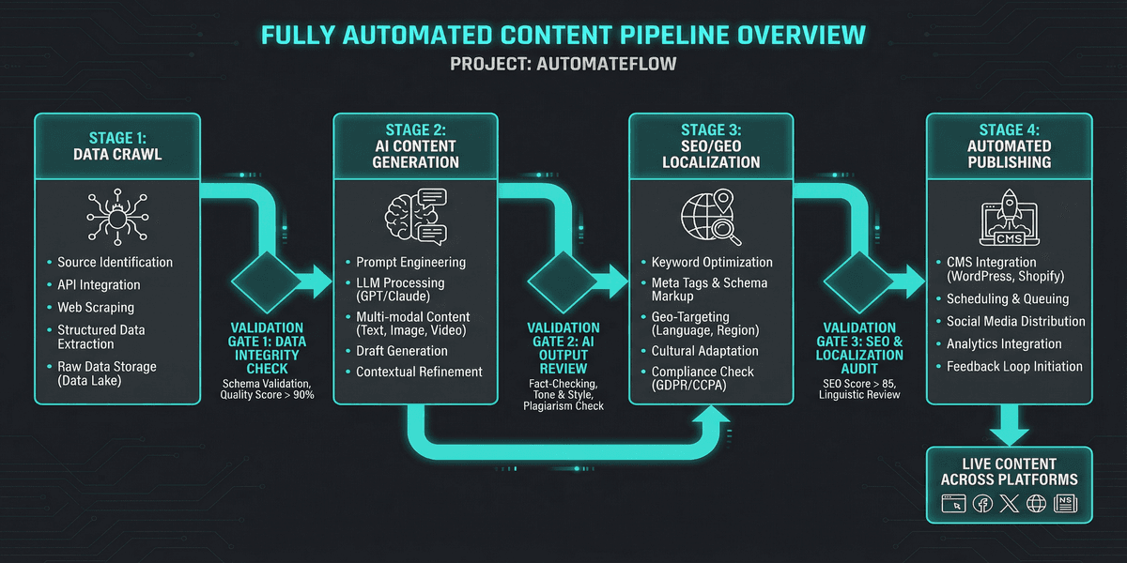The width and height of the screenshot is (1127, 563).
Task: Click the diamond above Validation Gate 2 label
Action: pos(561,280)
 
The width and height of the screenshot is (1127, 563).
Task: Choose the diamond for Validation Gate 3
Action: pos(857,280)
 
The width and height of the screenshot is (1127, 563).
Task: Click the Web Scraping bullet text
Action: pos(96,308)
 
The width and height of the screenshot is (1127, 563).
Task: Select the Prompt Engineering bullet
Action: pos(410,263)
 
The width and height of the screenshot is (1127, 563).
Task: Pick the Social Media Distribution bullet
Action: pos(1015,322)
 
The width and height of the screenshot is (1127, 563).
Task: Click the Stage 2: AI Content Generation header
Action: pos(415,145)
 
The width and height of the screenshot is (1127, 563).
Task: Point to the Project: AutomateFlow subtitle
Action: pos(563,65)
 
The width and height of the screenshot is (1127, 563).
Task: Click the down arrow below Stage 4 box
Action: pos(1010,422)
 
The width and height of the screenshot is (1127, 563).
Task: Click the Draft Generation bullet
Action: pos(402,351)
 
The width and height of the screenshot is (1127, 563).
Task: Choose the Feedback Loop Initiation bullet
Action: pos(1014,367)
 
